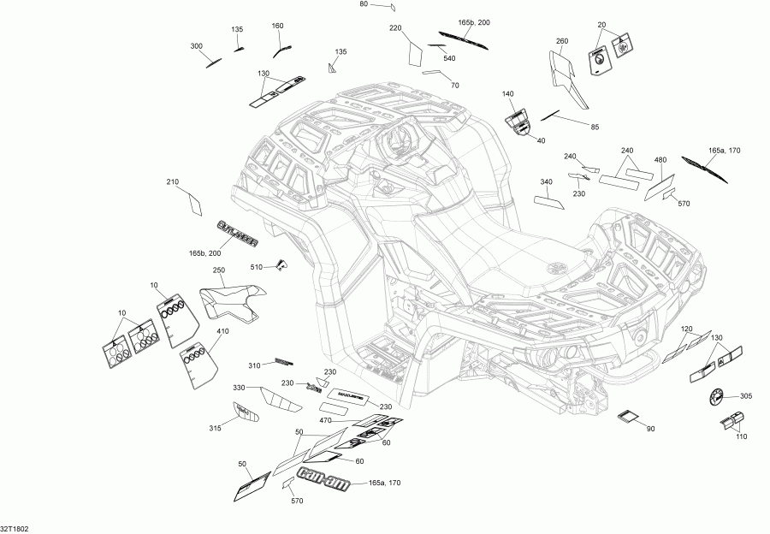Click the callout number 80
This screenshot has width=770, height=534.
[363, 4]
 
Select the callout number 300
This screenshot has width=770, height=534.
[197, 45]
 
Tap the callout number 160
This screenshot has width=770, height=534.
[277, 26]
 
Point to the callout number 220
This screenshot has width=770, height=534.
[395, 28]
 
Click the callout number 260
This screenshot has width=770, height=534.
[562, 41]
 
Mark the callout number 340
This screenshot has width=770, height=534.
[547, 181]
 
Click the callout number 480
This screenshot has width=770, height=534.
[660, 159]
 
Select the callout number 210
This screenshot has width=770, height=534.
[173, 181]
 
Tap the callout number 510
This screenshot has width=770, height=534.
[257, 267]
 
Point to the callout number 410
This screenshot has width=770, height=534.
[222, 332]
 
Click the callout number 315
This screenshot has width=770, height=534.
[216, 428]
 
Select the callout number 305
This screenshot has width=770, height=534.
[746, 396]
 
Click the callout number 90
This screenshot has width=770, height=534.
[650, 429]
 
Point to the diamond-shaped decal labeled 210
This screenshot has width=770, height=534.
[195, 204]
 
